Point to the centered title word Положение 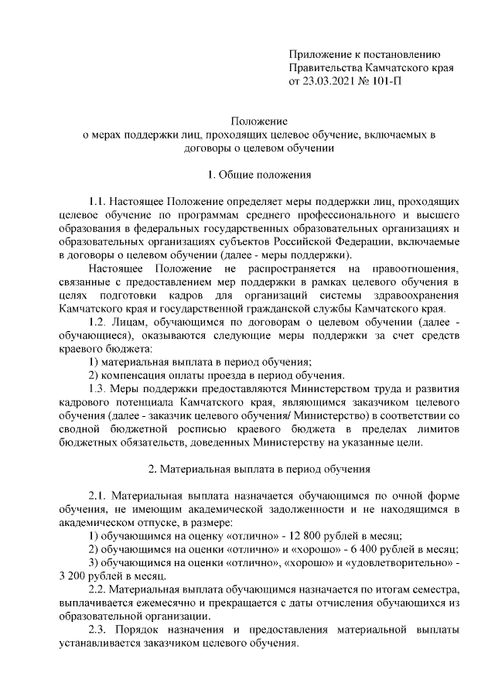[x=260, y=121]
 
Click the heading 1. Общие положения [x=260, y=175]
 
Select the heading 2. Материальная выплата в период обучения [x=260, y=468]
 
